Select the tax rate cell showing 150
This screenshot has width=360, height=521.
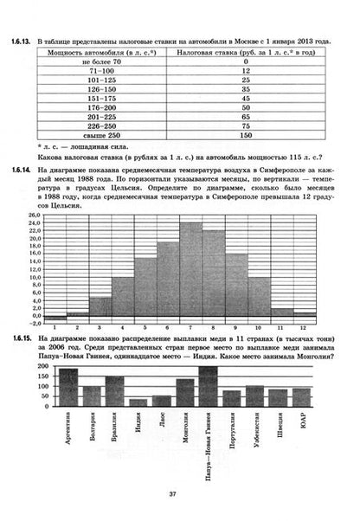pyautogui.click(x=246, y=136)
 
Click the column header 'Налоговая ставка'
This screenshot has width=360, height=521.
pyautogui.click(x=246, y=52)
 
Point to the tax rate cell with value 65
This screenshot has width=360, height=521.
pyautogui.click(x=246, y=117)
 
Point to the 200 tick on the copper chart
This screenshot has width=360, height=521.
pyautogui.click(x=43, y=368)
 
